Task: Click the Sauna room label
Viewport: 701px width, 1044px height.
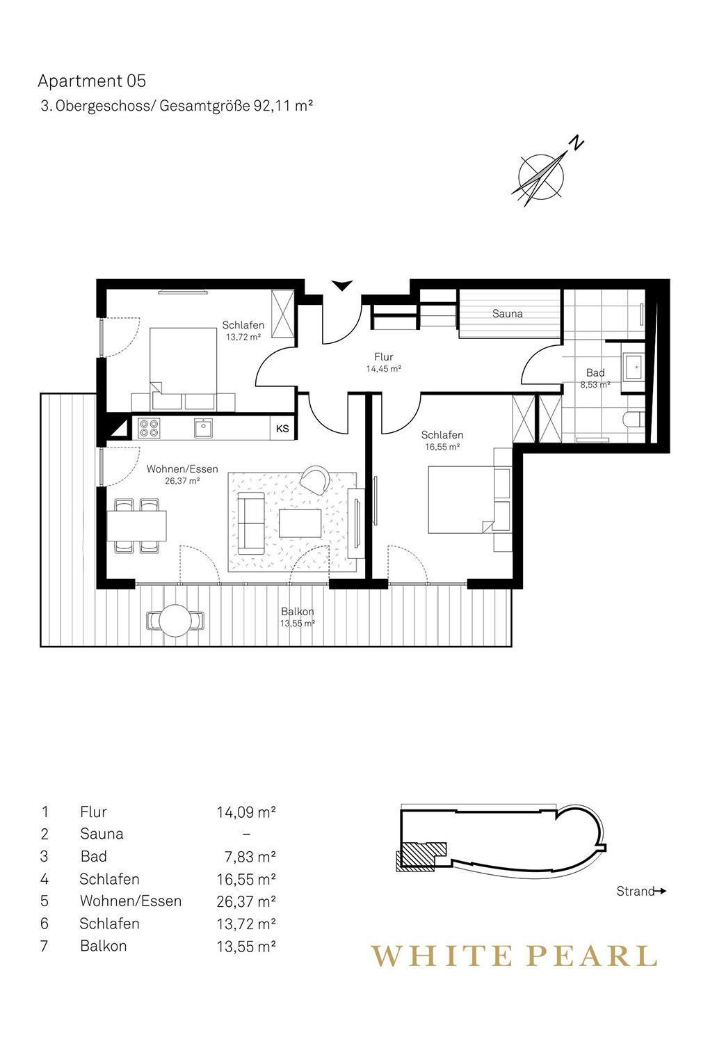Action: (507, 314)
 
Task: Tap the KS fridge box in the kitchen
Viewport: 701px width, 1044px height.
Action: (282, 428)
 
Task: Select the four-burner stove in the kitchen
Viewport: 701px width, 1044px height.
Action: (149, 428)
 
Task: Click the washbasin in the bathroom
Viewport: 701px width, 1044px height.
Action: (633, 366)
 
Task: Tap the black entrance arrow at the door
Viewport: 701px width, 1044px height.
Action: (342, 285)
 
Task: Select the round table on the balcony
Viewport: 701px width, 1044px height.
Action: (175, 620)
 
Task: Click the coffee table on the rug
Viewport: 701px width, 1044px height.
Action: (300, 523)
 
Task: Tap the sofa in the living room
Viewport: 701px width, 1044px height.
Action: (251, 523)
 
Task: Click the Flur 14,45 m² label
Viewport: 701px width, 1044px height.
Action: (384, 363)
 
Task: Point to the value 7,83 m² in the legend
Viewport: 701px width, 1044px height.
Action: (250, 857)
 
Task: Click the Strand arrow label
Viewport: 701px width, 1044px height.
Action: (641, 891)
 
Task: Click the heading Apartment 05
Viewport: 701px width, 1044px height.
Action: (92, 81)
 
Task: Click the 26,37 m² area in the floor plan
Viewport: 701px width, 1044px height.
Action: (182, 480)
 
